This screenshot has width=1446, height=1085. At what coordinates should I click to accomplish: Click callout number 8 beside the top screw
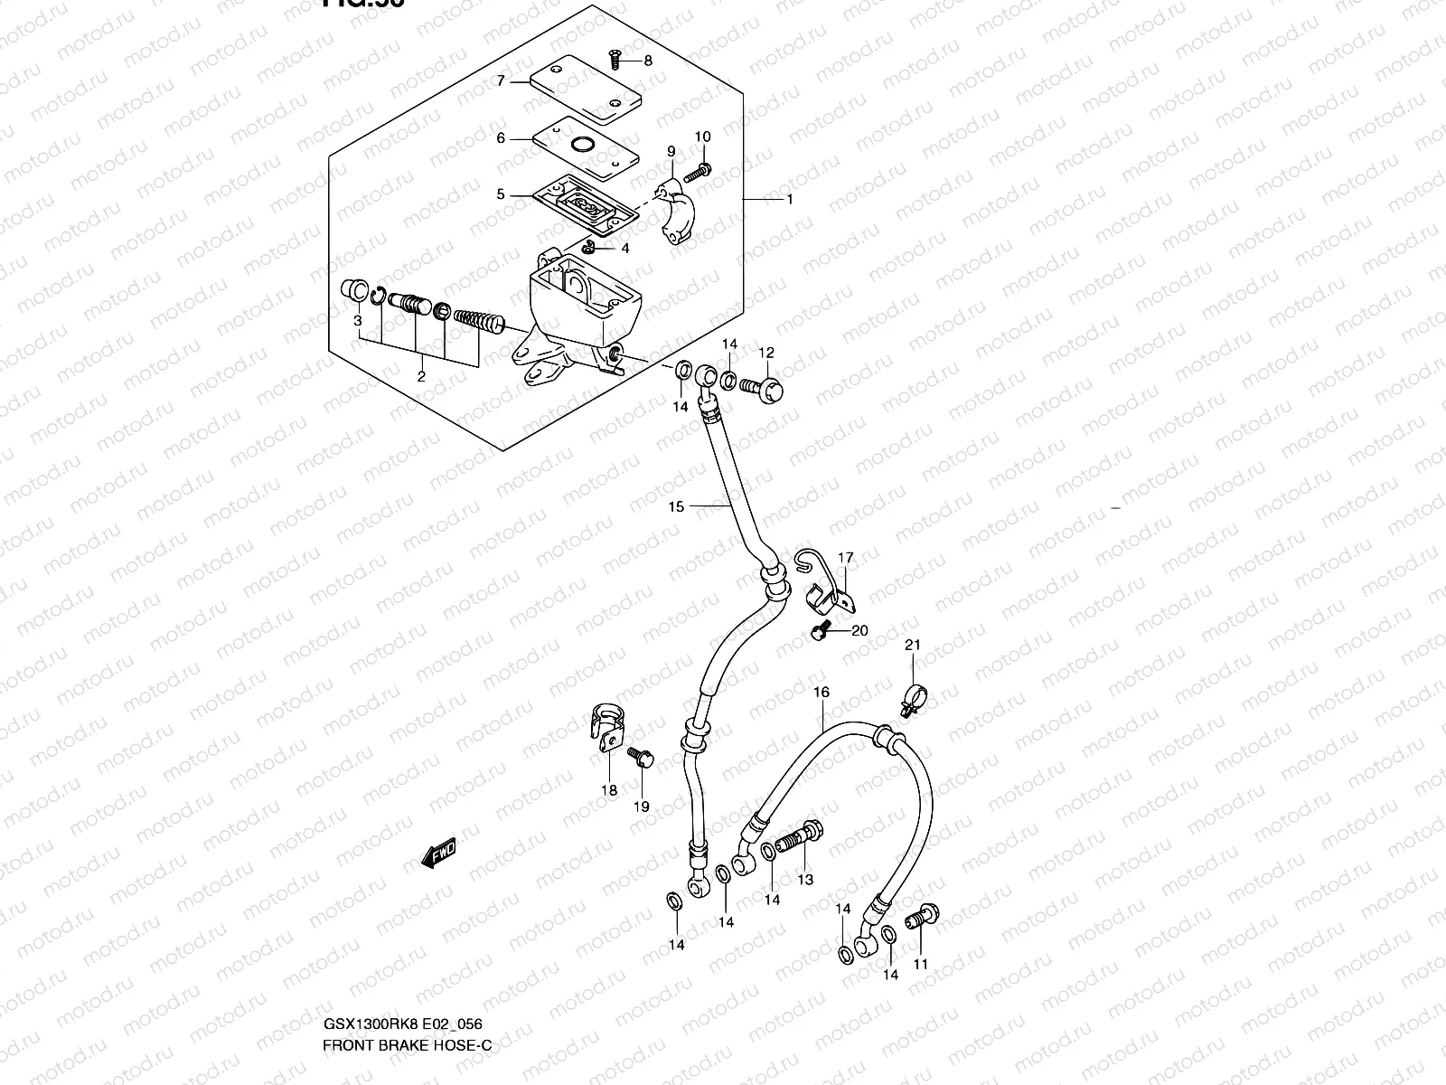[648, 61]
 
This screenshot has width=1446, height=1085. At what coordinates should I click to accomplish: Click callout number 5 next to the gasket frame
[501, 194]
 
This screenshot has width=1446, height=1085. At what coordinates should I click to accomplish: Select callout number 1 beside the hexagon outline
[789, 199]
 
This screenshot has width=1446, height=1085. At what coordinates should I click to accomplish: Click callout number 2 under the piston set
[421, 377]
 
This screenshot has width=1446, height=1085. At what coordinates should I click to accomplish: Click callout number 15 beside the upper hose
[676, 507]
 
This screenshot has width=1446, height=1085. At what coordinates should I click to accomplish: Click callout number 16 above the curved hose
[821, 693]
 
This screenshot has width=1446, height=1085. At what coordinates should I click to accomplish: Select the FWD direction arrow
[439, 852]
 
